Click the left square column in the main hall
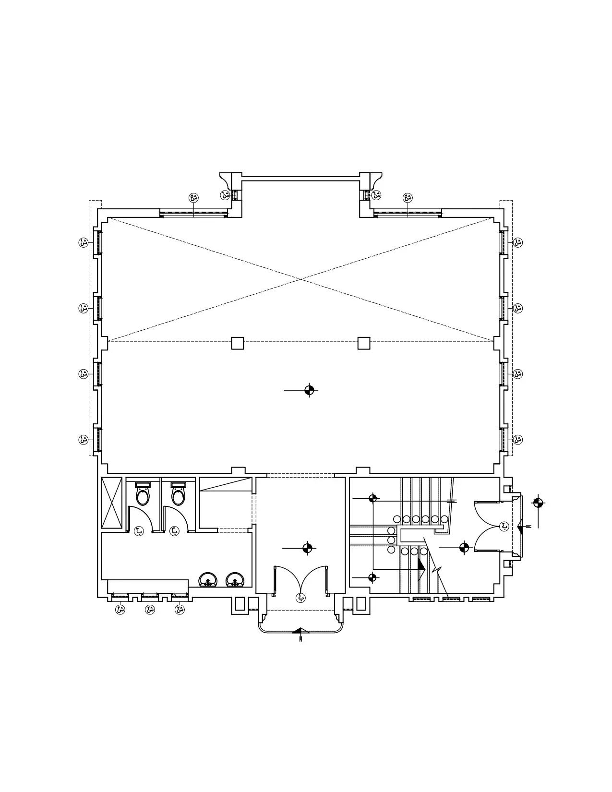click(237, 343)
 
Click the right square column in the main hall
click(364, 343)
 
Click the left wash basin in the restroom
click(207, 580)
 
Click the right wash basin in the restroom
click(234, 580)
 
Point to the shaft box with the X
click(112, 503)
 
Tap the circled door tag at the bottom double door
click(301, 598)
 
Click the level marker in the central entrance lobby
click(308, 548)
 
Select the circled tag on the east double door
click(504, 526)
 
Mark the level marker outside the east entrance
click(538, 503)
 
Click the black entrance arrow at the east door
click(520, 528)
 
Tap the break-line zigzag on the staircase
click(436, 569)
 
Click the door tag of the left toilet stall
click(138, 530)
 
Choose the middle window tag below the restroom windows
click(150, 610)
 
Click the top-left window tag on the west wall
click(84, 242)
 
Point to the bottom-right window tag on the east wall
click(517, 439)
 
